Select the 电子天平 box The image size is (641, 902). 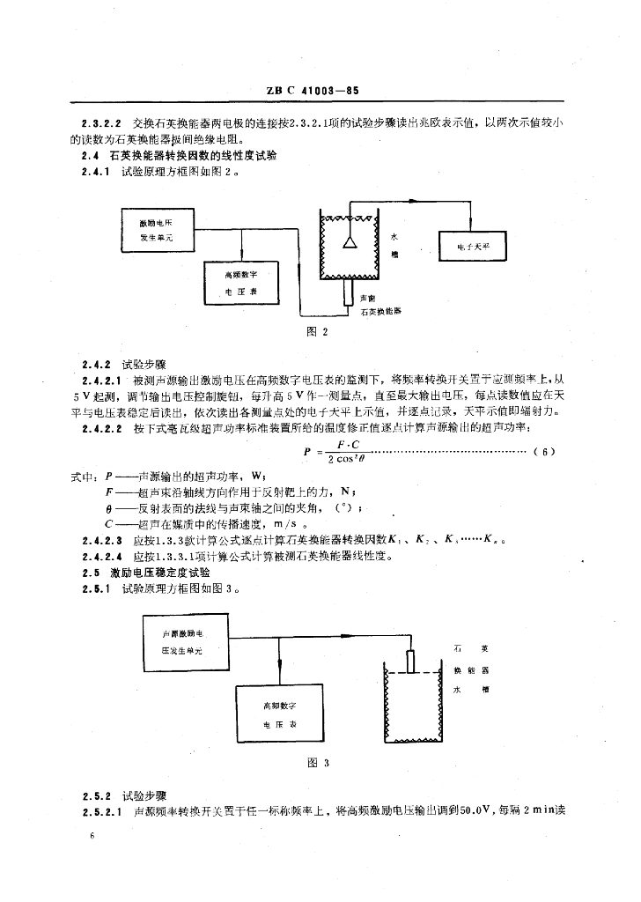[x=473, y=248]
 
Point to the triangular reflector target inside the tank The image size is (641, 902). [x=350, y=240]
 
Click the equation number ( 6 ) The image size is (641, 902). [x=545, y=453]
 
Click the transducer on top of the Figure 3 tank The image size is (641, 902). [x=410, y=661]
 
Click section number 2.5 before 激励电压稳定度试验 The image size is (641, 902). [x=89, y=573]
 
